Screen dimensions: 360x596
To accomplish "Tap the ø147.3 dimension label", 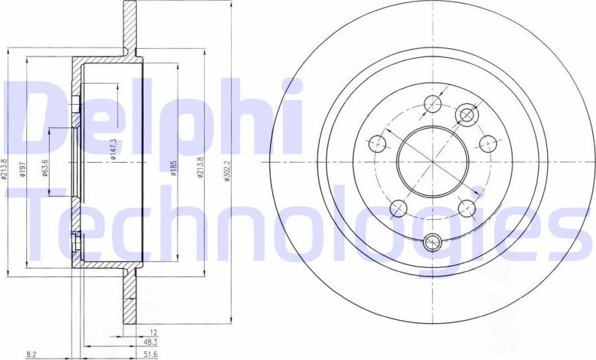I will tap(114, 151).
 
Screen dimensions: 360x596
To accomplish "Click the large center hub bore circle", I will tap(433, 160).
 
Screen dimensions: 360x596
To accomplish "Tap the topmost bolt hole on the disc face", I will tap(432, 104).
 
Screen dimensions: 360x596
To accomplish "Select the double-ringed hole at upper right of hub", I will tap(467, 115).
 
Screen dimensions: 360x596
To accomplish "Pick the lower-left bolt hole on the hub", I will tap(398, 208).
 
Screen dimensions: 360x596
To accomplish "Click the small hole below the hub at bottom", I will tap(432, 242).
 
